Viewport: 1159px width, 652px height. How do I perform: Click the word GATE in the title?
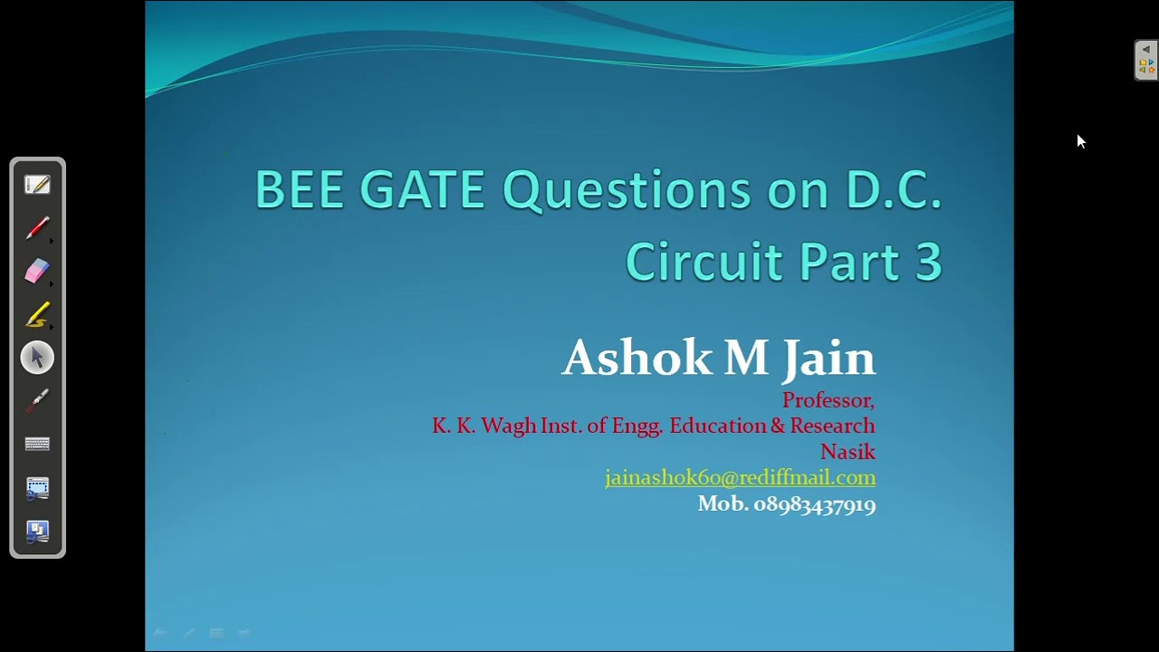(422, 190)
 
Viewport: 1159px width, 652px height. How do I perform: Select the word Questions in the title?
(627, 190)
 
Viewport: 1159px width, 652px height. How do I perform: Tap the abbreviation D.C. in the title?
(894, 190)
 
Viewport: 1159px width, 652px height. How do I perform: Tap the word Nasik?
(848, 451)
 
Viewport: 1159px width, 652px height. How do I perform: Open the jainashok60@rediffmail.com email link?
(740, 477)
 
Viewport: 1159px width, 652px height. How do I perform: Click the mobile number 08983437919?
(814, 504)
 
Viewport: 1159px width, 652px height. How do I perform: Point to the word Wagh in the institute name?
(508, 426)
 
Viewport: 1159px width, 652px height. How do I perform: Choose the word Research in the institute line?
(832, 426)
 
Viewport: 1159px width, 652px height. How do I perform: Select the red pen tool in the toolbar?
(37, 228)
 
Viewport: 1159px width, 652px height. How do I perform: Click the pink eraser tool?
(37, 271)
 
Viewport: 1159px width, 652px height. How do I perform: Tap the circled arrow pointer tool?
(37, 358)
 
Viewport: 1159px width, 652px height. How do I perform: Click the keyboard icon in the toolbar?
(37, 444)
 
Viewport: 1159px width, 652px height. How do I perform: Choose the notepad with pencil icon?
(37, 185)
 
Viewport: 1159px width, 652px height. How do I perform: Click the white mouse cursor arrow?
(1080, 140)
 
